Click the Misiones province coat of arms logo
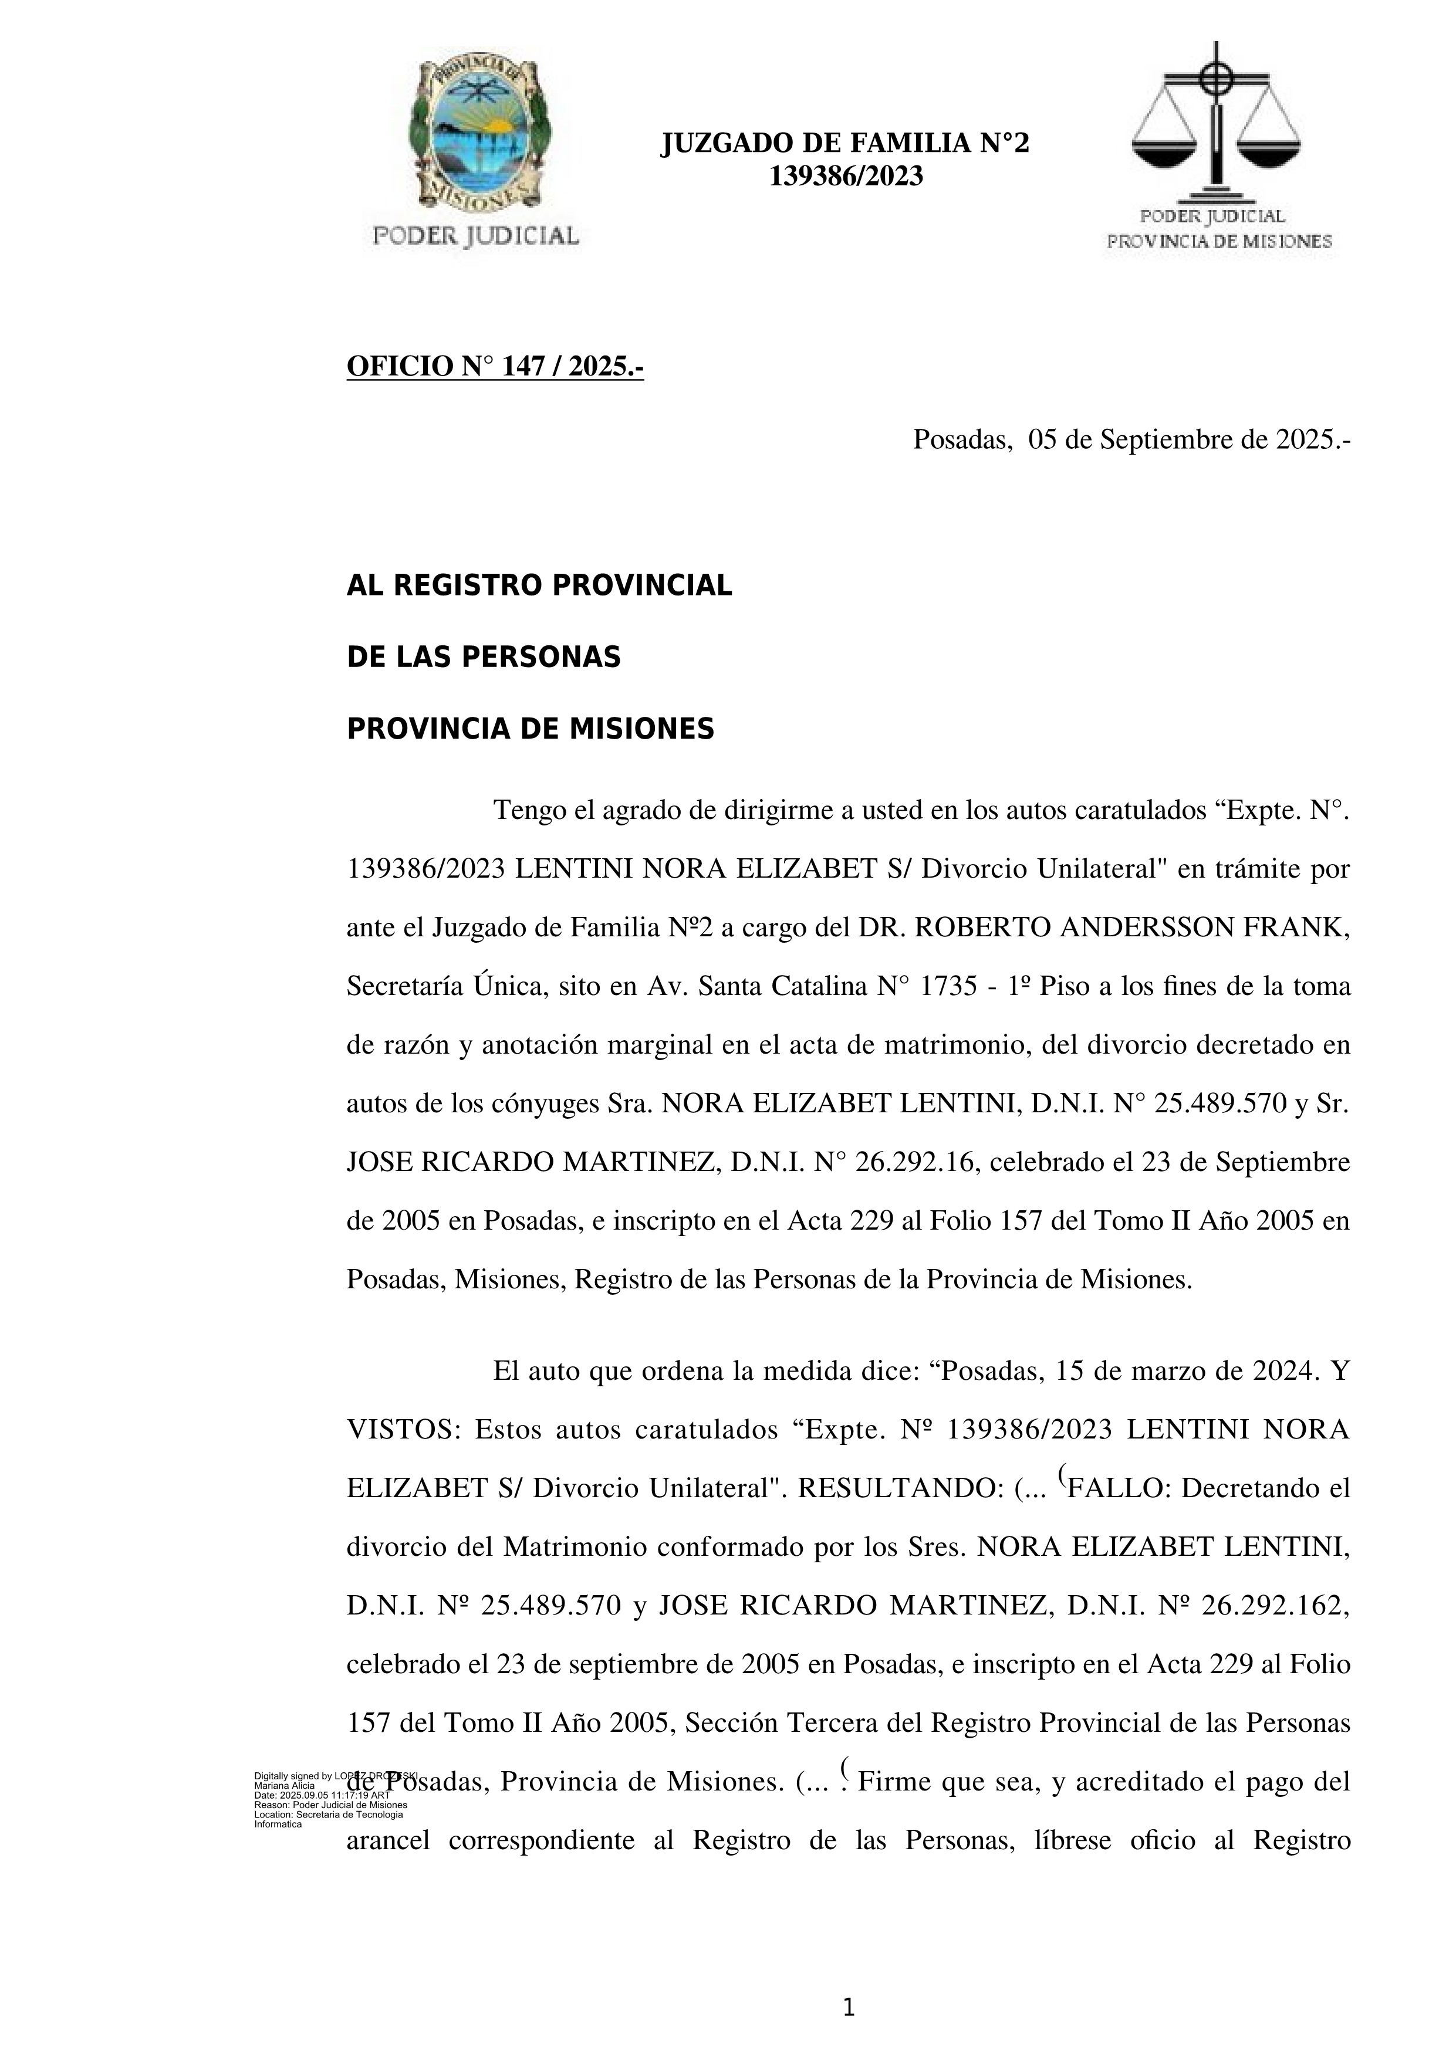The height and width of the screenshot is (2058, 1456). point(475,134)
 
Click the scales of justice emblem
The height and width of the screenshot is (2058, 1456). point(1216,121)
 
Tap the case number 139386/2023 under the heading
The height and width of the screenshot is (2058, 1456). point(846,177)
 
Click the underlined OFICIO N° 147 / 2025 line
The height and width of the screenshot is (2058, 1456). point(495,367)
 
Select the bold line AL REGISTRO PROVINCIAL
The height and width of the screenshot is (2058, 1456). point(539,585)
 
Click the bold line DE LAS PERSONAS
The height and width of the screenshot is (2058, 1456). point(483,657)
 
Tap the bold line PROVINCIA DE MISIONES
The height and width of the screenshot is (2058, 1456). point(530,729)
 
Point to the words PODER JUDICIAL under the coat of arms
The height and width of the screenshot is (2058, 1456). point(475,236)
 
